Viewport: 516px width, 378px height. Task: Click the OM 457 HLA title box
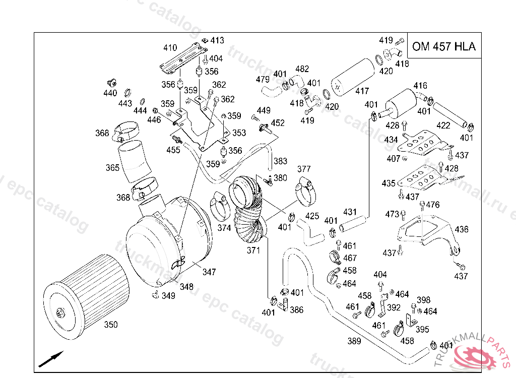coord(443,47)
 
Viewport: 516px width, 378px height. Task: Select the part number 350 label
coord(111,325)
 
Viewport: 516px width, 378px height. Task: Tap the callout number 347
coord(209,272)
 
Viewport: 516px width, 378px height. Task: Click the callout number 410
coord(170,48)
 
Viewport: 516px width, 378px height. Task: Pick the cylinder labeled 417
coord(353,78)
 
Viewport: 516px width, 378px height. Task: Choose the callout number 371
coord(253,250)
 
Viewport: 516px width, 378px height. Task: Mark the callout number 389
coord(354,341)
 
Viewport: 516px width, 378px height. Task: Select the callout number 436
coord(462,229)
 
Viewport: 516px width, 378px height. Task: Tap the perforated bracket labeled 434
coord(421,143)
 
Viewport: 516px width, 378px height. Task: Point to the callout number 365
coord(112,168)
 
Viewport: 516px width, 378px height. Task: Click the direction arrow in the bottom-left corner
coord(51,358)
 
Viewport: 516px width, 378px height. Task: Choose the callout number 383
coord(280,161)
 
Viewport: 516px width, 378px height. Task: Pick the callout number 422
coord(443,125)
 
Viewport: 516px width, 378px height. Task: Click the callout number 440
coord(110,93)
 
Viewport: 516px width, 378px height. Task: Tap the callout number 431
coord(350,212)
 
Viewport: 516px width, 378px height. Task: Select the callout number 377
coord(304,169)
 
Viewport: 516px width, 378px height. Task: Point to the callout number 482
coord(302,69)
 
